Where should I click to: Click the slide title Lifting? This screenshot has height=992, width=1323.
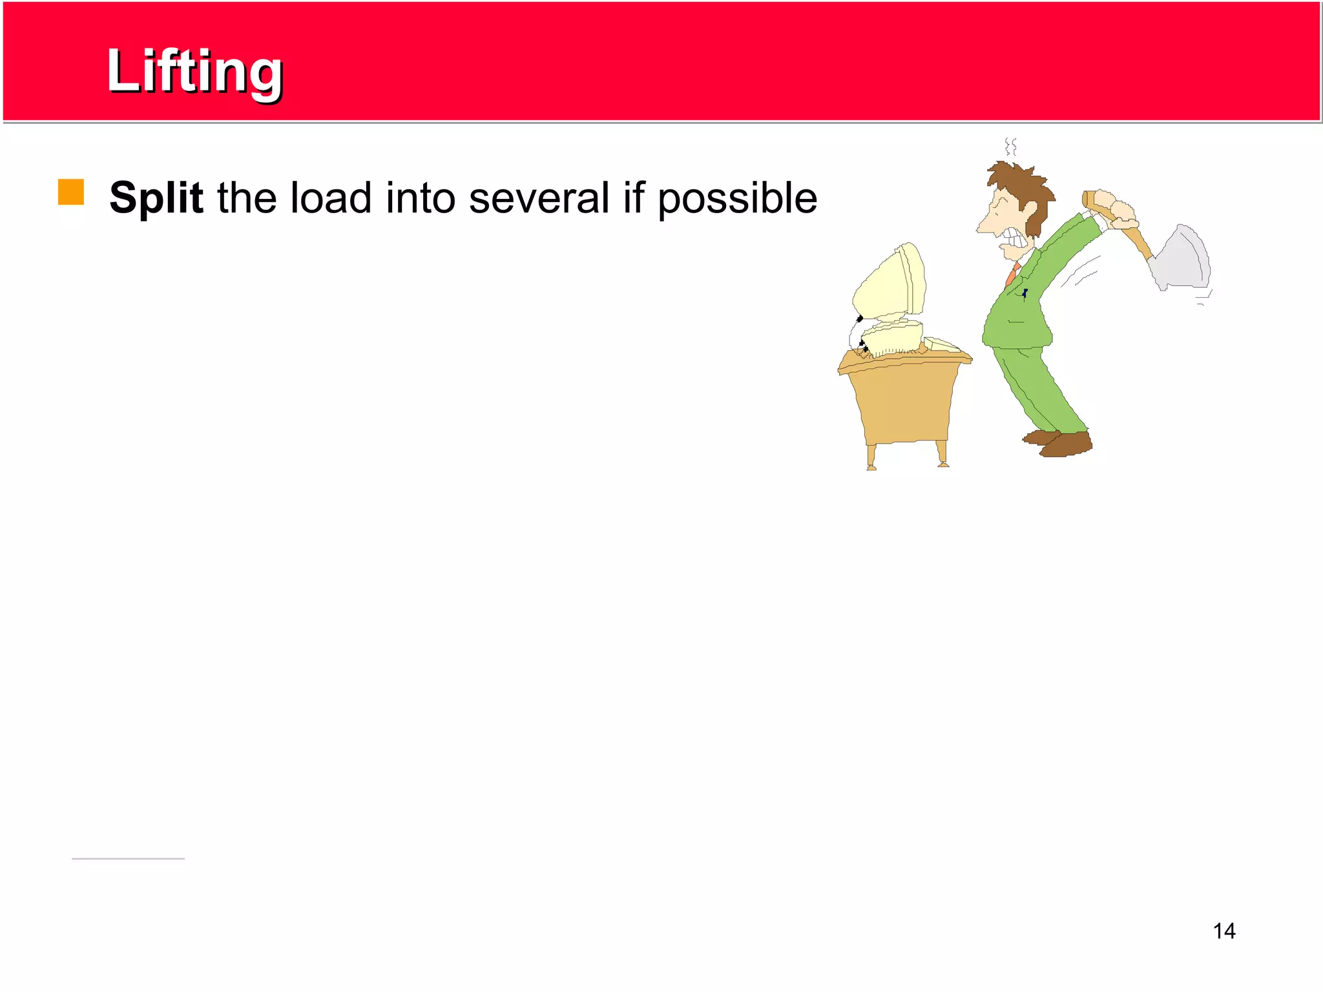pos(194,71)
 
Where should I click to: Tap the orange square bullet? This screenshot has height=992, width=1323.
pos(71,192)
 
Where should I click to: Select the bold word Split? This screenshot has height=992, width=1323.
pos(156,198)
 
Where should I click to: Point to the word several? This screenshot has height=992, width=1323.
pos(539,198)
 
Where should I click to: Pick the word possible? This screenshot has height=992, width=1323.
pos(737,199)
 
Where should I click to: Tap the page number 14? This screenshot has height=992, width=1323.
pos(1224,931)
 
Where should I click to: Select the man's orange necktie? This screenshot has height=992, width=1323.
pos(1012,274)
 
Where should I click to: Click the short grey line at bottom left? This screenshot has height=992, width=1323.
pos(128,858)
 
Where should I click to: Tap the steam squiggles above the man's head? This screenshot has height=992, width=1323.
pos(1011,147)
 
